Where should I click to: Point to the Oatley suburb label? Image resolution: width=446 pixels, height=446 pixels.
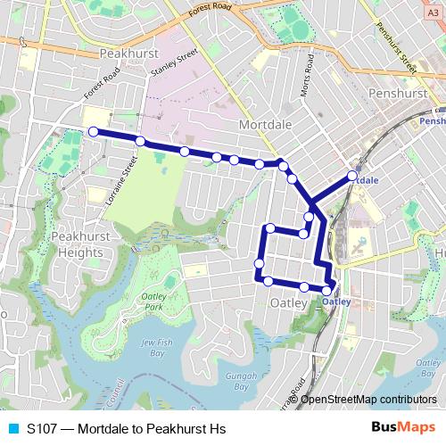pos(288,303)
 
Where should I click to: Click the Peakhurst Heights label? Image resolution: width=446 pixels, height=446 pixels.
pos(77,244)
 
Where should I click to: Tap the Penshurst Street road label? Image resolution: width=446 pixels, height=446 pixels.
pos(397,51)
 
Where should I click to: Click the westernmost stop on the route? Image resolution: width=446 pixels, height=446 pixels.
pos(93,131)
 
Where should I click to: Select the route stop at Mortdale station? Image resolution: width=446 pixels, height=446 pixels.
pos(351,176)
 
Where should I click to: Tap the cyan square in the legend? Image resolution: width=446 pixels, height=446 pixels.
pos(12,429)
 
